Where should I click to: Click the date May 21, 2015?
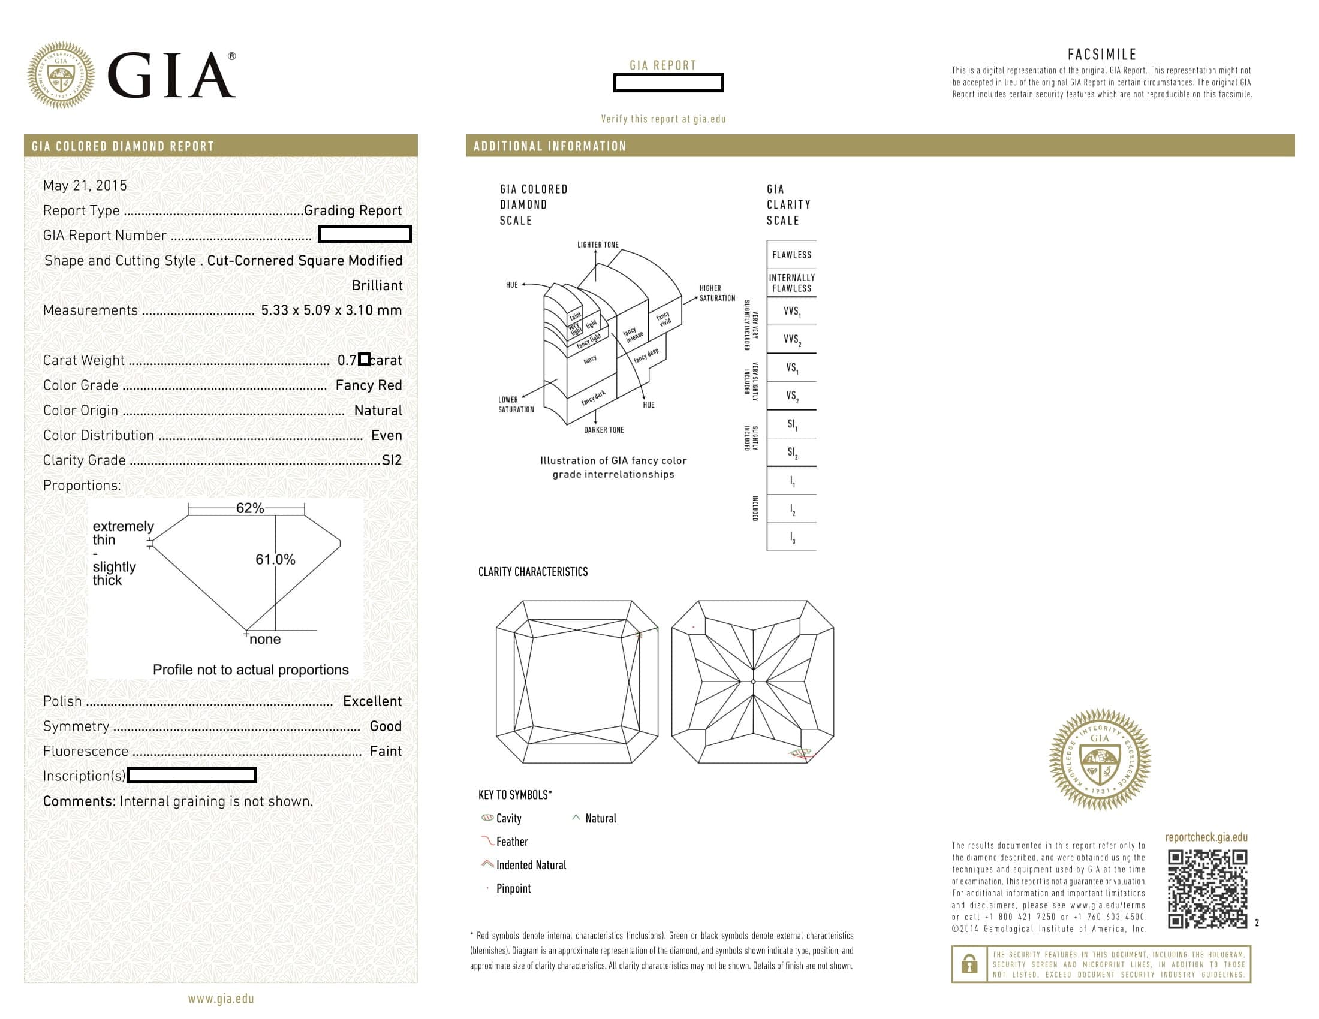[x=85, y=185]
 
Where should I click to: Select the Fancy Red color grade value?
[x=368, y=385]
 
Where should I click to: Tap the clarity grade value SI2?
[x=392, y=460]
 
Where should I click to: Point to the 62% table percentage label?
[x=249, y=508]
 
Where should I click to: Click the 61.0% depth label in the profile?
[x=275, y=560]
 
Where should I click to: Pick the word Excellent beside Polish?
[x=372, y=701]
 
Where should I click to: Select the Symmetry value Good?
[x=386, y=726]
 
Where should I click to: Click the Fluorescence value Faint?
[x=386, y=751]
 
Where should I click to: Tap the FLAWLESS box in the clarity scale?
[x=791, y=255]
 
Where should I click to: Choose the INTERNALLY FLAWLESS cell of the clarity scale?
[x=791, y=282]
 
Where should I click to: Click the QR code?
[x=1207, y=888]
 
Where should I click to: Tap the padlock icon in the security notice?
[x=969, y=964]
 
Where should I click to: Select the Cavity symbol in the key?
[x=487, y=818]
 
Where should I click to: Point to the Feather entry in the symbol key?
[x=511, y=842]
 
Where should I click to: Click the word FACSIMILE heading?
[x=1101, y=55]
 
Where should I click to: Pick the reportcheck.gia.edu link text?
[x=1206, y=837]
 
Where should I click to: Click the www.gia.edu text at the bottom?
[x=221, y=999]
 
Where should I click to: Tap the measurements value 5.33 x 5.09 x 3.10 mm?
[x=331, y=310]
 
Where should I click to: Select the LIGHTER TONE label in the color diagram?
[x=597, y=245]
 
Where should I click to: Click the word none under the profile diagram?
[x=265, y=640]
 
